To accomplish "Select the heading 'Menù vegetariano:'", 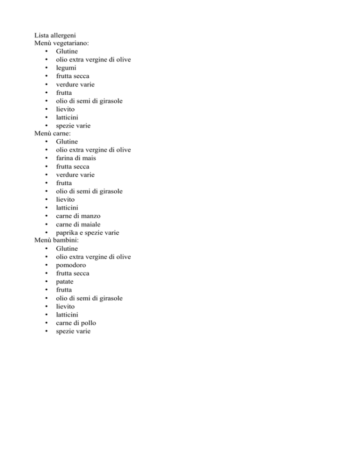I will point(61,43).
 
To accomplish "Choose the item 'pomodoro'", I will point(72,265).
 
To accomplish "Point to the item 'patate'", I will point(65,281).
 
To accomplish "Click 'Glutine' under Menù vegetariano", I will point(67,51).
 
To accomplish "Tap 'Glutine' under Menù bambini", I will point(67,248).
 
